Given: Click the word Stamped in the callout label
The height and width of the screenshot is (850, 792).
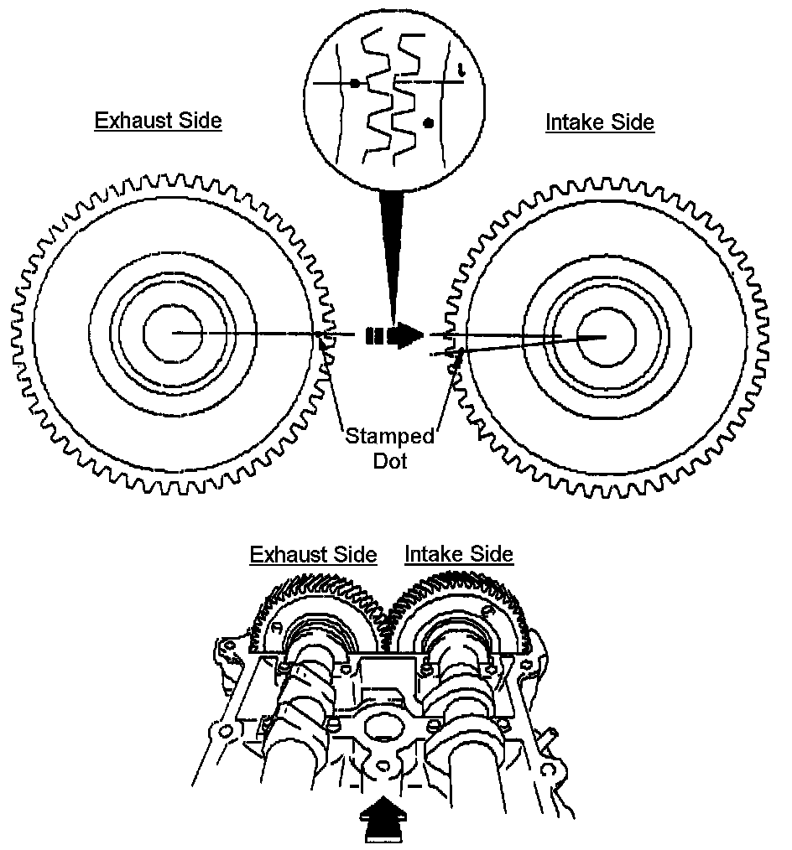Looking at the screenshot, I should (x=390, y=437).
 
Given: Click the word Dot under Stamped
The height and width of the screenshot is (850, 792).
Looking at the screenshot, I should (x=390, y=460).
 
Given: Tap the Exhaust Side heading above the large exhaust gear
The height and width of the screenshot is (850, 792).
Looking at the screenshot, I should (x=158, y=121).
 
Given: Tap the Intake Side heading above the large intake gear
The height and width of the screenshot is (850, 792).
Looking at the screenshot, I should (x=600, y=122).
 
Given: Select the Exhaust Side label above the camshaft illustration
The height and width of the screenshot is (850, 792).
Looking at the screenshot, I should (x=313, y=555).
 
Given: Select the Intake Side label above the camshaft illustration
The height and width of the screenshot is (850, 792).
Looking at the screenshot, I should (x=459, y=554).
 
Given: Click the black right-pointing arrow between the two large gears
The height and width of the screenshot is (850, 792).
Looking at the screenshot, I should (x=405, y=335).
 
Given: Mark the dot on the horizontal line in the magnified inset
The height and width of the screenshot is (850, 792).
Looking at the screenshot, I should (x=356, y=83).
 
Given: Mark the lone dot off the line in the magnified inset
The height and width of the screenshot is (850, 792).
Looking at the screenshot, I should (x=429, y=122).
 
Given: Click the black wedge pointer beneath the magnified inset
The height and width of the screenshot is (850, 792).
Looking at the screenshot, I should (x=390, y=251).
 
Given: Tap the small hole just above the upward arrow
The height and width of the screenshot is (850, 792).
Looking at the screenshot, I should (x=383, y=766).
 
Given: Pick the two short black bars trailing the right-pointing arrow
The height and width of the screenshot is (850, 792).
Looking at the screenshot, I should (x=374, y=336).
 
